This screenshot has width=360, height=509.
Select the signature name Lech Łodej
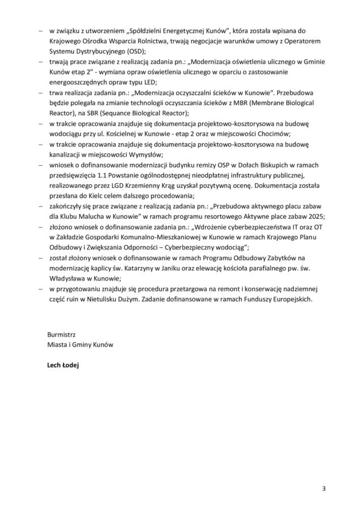pyautogui.click(x=63, y=365)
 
